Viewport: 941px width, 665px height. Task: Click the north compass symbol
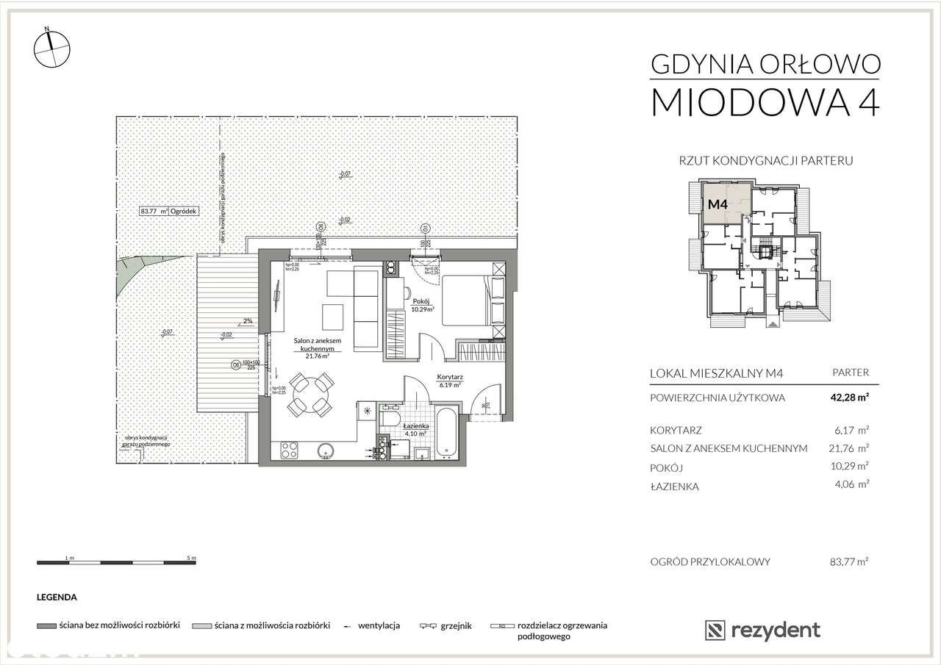52,46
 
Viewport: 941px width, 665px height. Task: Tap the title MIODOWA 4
765,102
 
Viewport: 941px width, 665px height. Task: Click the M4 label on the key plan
717,205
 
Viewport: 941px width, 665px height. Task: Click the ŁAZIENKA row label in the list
674,486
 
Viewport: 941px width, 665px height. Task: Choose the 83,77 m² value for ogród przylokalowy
848,562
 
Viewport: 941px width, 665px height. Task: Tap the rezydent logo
762,630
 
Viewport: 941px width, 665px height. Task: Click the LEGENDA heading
57,598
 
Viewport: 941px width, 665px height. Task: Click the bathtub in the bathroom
446,436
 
